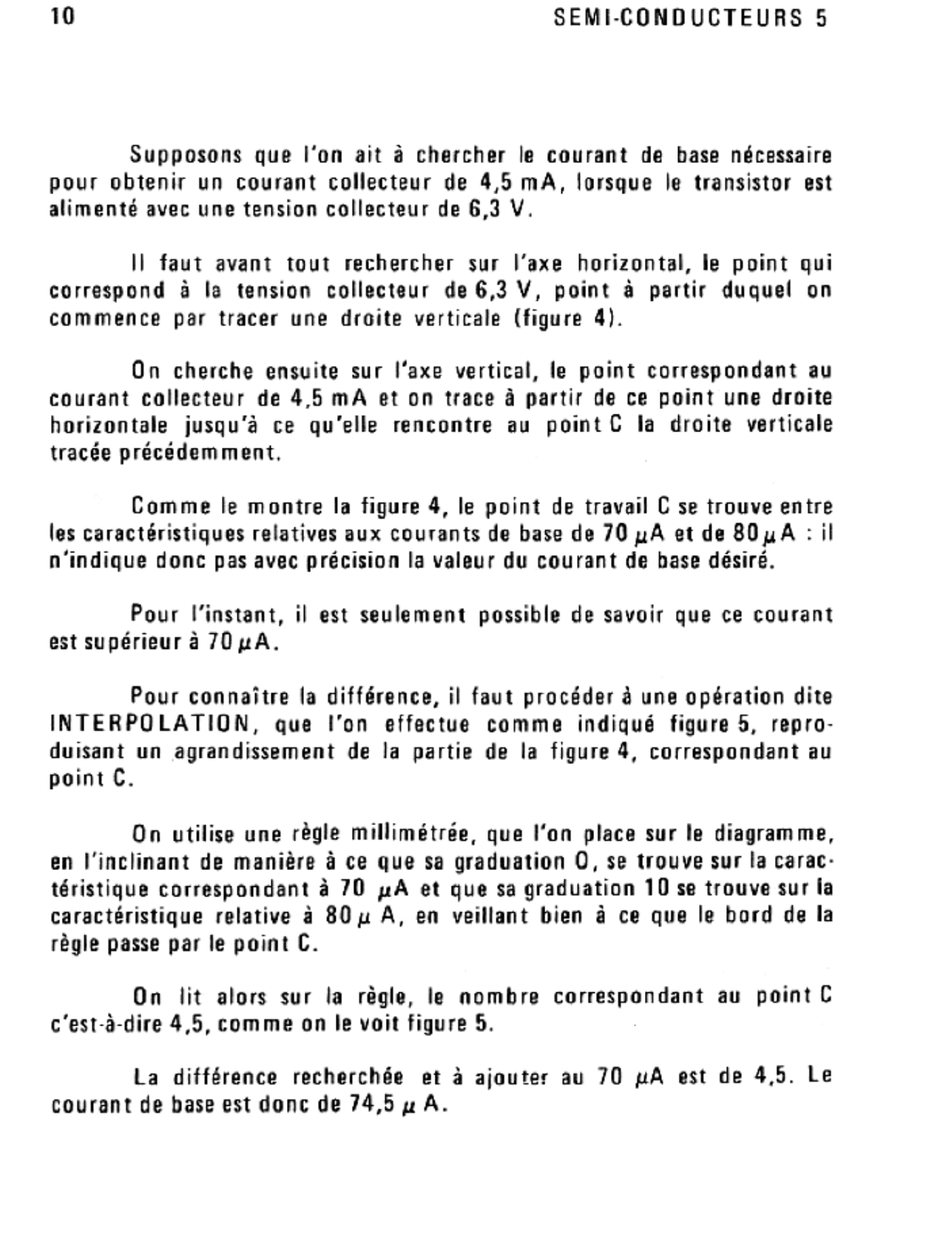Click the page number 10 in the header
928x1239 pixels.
63,16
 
